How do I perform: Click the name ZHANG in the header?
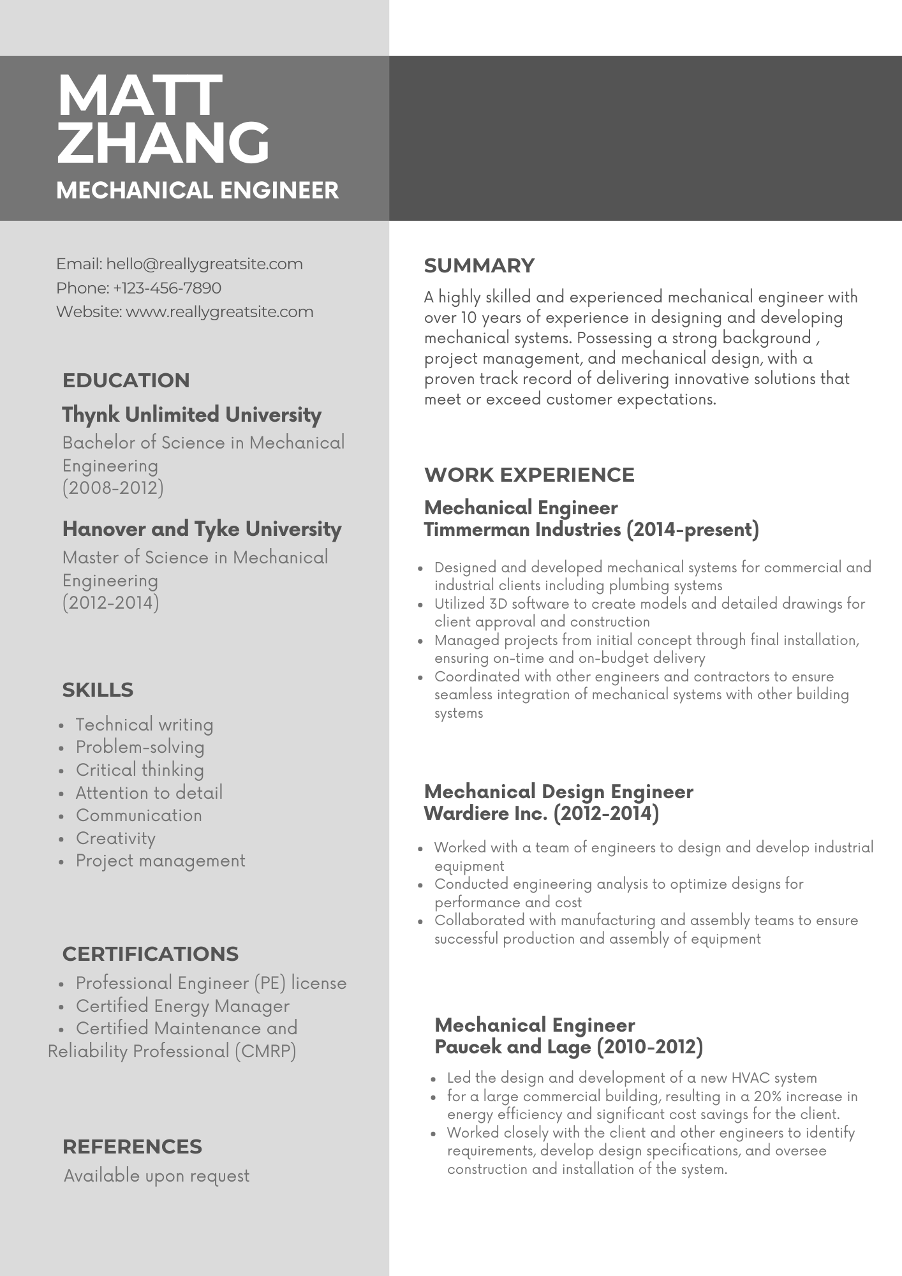click(x=163, y=143)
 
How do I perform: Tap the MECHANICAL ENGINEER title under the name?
click(x=197, y=190)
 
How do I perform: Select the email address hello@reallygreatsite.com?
click(x=204, y=264)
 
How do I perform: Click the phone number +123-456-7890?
click(x=167, y=288)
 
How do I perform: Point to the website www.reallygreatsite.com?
click(x=219, y=312)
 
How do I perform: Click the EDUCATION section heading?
click(x=126, y=380)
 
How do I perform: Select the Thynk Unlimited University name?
click(x=191, y=415)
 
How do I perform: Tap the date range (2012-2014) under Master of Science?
click(x=111, y=603)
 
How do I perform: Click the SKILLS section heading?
click(x=98, y=690)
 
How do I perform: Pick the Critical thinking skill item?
click(x=140, y=770)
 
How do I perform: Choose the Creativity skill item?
click(x=115, y=838)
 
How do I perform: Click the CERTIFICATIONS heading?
click(x=151, y=954)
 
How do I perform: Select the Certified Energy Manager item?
click(x=182, y=1006)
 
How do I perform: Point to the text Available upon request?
click(x=157, y=1176)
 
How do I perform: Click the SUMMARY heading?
click(x=479, y=265)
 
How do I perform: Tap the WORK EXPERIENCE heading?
click(x=529, y=475)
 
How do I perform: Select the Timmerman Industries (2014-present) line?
click(x=591, y=530)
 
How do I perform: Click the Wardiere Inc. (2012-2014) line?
click(x=542, y=813)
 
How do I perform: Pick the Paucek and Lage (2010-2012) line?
click(x=568, y=1047)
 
